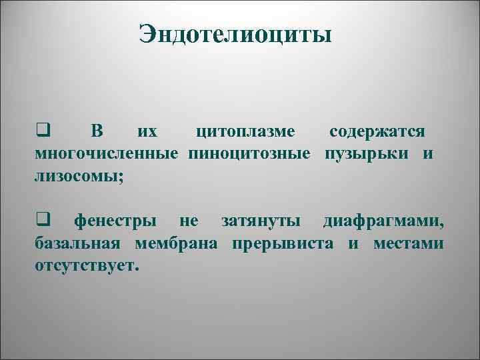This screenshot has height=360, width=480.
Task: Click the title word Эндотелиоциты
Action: point(235,34)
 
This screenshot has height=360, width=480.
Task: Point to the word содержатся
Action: point(379,131)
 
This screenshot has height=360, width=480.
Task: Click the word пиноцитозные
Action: point(249,155)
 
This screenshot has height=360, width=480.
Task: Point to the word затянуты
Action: point(261,221)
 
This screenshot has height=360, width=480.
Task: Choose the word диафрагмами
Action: point(384,221)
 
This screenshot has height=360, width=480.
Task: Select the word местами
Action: point(408,243)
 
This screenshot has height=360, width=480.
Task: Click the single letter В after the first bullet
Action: point(97,131)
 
